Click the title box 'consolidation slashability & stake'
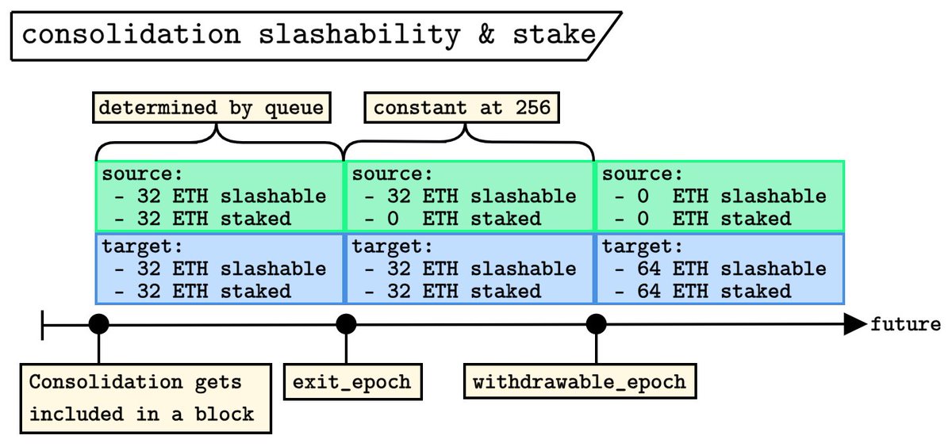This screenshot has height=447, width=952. click(309, 35)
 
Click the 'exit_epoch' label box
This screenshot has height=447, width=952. click(352, 382)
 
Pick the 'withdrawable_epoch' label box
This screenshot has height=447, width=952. click(579, 382)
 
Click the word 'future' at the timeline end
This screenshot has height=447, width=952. click(905, 324)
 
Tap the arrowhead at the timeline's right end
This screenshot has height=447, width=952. click(854, 324)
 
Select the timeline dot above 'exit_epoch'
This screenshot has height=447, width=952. click(346, 324)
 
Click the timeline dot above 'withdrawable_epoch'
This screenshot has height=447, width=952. click(596, 324)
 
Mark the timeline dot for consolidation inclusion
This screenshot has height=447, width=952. click(98, 324)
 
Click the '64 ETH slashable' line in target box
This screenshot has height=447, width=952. click(720, 269)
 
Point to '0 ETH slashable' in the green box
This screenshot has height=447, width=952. click(720, 196)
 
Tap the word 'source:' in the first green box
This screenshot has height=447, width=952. click(137, 174)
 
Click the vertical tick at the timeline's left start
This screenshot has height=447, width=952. click(42, 324)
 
